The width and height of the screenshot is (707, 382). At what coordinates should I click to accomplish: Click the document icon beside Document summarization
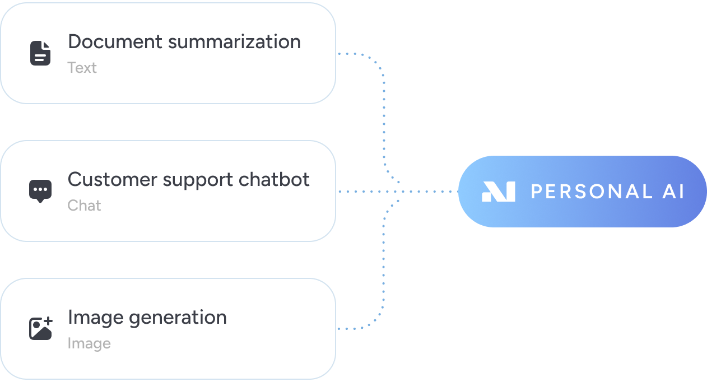pos(40,53)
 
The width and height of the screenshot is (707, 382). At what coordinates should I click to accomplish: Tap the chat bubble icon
pos(40,191)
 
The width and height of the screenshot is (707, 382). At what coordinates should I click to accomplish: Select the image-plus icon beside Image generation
pos(40,329)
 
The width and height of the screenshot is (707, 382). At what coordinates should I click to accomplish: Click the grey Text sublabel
pos(82,68)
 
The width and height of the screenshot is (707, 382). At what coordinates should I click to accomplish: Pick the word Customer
pos(112,179)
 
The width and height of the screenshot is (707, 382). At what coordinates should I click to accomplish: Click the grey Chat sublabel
pos(84,206)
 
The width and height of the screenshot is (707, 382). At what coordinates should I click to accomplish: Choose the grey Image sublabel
pos(89,343)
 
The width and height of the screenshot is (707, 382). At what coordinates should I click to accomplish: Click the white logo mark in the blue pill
pos(498,192)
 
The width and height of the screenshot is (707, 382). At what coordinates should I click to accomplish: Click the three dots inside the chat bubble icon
pos(40,189)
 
